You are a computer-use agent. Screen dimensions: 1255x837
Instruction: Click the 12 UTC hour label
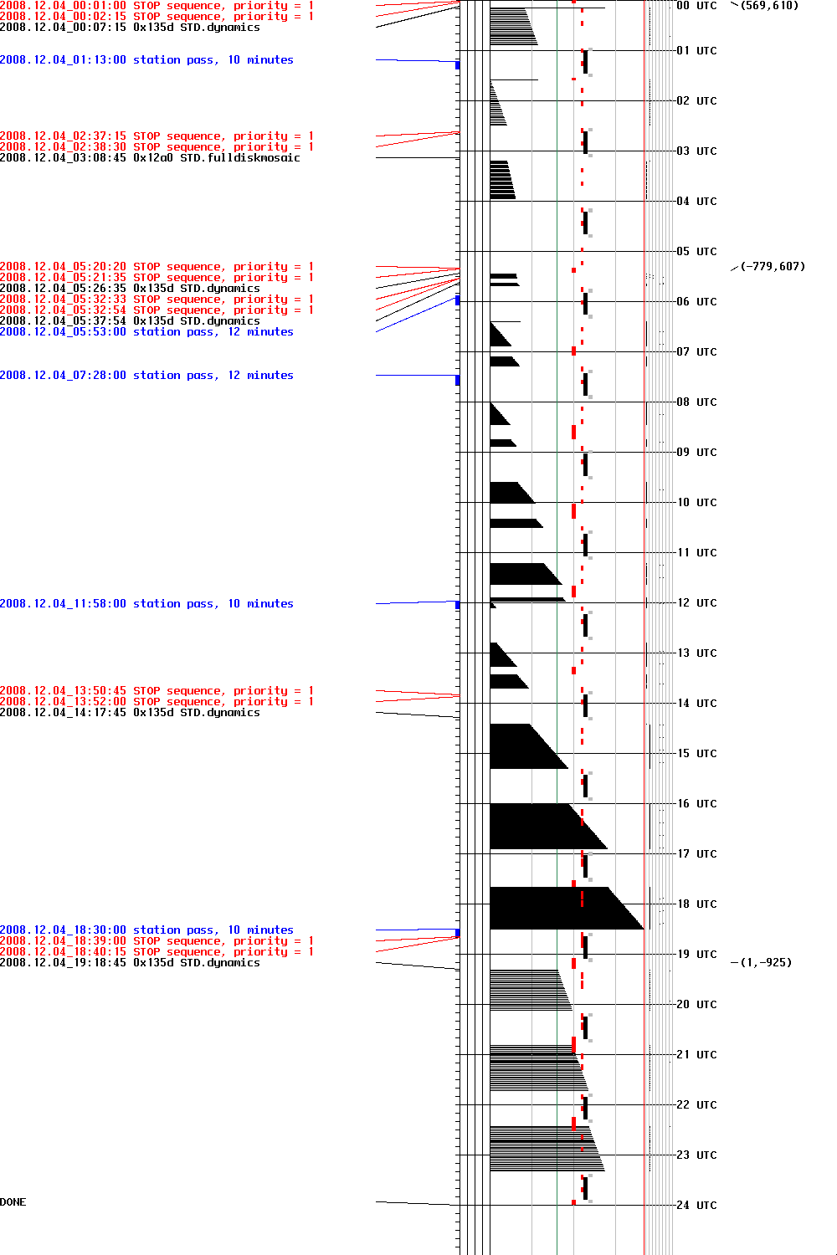(696, 603)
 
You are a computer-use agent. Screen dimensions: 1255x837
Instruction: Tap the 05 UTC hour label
(696, 252)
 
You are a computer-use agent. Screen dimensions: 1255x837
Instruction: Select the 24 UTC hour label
(696, 1206)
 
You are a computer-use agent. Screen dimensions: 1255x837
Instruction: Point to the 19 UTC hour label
(696, 955)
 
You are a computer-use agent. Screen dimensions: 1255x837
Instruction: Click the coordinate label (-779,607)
(773, 267)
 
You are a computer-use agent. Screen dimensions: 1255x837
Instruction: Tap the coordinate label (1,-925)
(766, 963)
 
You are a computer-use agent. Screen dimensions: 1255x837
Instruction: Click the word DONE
(13, 1202)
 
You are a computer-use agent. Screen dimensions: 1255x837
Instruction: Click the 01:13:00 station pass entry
(146, 60)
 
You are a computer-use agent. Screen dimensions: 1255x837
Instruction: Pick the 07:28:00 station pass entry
(146, 376)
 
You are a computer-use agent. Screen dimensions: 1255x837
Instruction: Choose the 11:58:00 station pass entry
(146, 604)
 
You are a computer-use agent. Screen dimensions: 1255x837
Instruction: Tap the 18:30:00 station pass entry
(146, 930)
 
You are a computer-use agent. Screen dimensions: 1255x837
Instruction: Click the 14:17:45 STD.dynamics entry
(130, 713)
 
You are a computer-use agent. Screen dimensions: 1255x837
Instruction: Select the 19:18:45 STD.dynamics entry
(130, 963)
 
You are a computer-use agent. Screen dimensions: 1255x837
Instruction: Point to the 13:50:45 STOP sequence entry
(157, 691)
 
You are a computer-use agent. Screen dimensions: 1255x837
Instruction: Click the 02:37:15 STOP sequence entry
(157, 136)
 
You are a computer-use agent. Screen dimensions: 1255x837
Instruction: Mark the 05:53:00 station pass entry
(146, 332)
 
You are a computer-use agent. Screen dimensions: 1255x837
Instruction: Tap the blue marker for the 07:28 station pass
(458, 381)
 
